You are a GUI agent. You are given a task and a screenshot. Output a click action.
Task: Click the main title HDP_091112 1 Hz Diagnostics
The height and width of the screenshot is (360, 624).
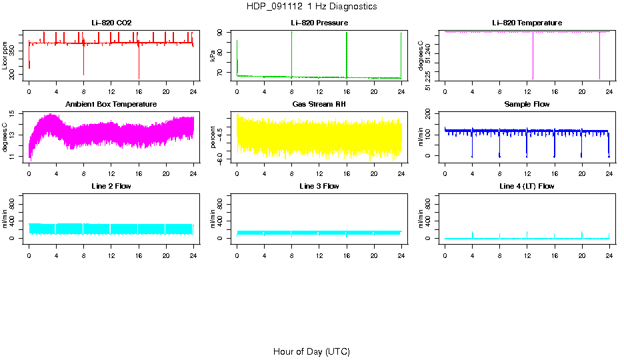pos(312,7)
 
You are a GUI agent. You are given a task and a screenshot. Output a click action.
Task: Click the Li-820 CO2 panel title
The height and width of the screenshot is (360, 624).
pos(111,23)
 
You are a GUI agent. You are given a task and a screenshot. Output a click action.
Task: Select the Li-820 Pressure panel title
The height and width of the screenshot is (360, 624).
pos(319,23)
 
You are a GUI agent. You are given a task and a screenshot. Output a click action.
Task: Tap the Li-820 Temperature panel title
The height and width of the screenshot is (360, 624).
pos(527,23)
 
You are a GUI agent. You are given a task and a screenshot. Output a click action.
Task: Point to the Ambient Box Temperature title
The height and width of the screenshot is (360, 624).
pos(111,105)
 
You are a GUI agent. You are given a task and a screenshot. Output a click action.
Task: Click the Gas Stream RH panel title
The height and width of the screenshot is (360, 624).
pos(319,105)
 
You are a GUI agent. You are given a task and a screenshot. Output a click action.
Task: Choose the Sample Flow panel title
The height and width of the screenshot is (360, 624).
pos(527,105)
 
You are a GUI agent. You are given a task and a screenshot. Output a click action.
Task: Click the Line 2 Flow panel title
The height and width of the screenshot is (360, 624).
pos(111,186)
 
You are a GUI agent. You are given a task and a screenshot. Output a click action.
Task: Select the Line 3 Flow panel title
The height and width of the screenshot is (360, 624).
pos(319,186)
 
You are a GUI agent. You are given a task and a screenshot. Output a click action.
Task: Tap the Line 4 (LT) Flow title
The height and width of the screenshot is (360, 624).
pos(527,186)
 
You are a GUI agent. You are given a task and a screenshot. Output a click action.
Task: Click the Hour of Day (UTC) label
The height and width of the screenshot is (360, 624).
pos(311,351)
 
